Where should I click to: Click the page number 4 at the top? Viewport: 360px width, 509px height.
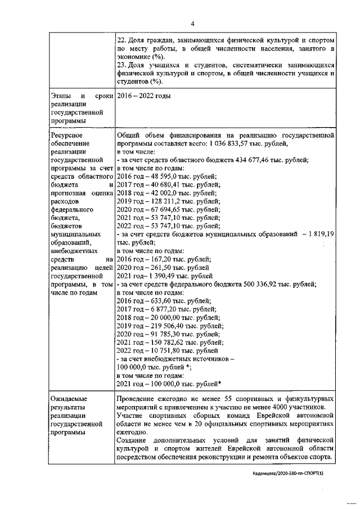coord(192,24)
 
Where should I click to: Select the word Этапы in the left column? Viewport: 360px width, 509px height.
coord(61,96)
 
